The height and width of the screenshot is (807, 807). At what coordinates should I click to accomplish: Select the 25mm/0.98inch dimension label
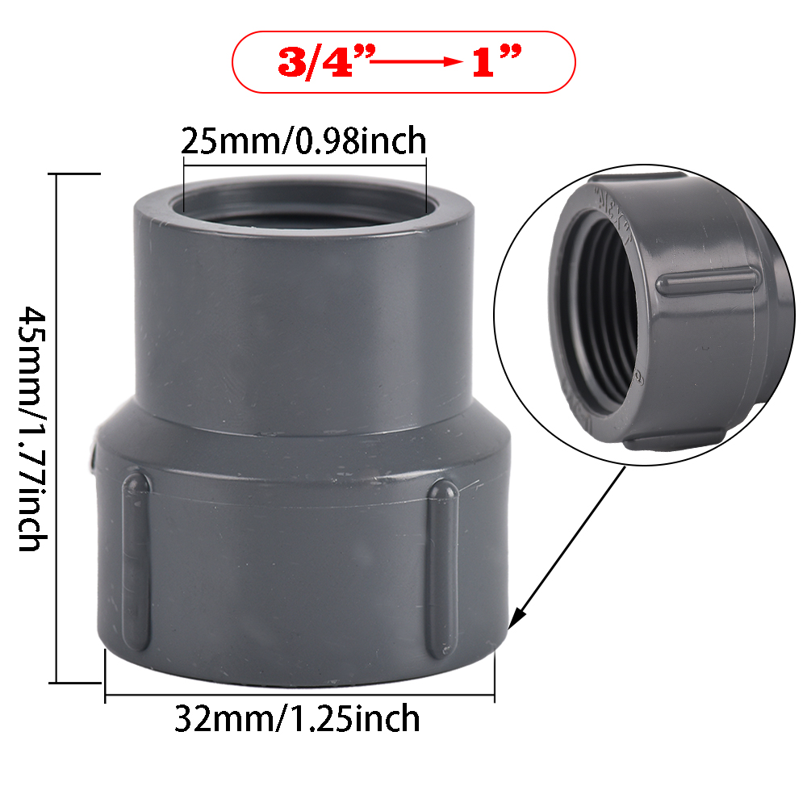(303, 141)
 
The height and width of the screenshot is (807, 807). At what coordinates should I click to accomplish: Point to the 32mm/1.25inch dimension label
(298, 717)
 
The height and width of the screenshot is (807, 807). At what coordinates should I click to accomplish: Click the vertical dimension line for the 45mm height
(56, 428)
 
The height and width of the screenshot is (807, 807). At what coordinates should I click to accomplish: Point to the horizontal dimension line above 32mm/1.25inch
(299, 693)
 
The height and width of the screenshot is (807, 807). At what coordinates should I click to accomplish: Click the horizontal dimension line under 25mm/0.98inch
(305, 165)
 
